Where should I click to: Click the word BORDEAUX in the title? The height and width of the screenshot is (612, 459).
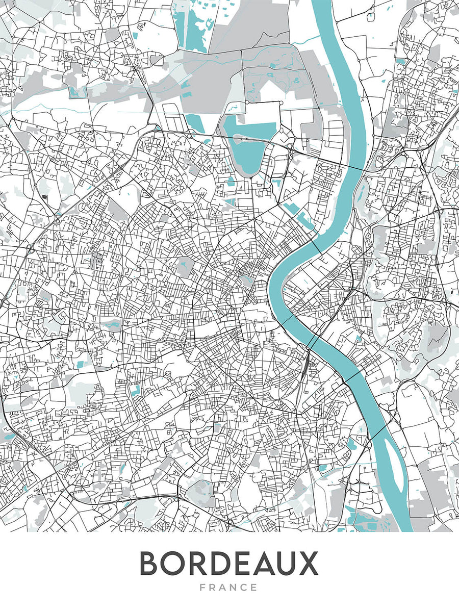[x=229, y=564]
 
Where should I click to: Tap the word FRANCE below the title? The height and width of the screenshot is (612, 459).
[x=229, y=588]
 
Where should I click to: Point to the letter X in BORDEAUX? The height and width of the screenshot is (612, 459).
[x=308, y=564]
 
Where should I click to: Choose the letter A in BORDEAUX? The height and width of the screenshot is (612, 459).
[x=260, y=564]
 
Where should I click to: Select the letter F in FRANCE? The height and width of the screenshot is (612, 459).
[x=203, y=588]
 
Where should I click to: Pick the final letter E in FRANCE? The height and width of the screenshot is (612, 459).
[x=254, y=588]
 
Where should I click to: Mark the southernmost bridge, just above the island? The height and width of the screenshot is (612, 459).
[x=377, y=431]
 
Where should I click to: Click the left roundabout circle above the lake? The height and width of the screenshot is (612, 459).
[x=246, y=103]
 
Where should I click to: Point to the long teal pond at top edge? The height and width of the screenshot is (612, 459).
[x=194, y=25]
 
